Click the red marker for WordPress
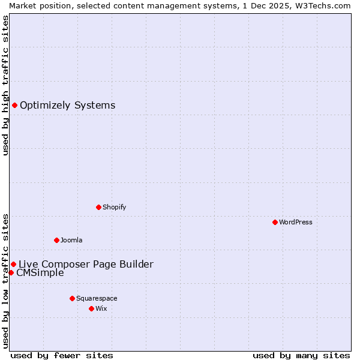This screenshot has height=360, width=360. coord(275,222)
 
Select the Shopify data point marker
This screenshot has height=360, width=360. coord(98,207)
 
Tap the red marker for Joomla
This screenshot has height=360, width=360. coord(56,240)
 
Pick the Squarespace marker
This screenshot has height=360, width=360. coord(72,298)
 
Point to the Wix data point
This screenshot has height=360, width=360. coord(91,308)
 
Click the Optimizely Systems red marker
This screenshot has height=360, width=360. coord(14,106)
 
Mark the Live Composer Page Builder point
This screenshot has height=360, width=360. coord(13,264)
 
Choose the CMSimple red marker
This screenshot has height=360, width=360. coord(11,272)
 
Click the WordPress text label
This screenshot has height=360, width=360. coord(296,222)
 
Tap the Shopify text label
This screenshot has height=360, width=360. coord(114,207)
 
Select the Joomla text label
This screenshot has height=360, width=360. coord(71,240)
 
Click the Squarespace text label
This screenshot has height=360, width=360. coord(97,298)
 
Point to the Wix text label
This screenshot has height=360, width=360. coord(101,308)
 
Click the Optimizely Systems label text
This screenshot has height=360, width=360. coord(67,106)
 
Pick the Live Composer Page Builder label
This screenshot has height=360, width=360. coord(86,264)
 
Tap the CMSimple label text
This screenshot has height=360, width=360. coord(40,273)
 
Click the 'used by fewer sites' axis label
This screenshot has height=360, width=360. coord(62,355)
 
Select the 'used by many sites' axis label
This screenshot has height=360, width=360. coord(301,355)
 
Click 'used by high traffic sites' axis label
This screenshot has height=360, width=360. coord(5,85)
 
